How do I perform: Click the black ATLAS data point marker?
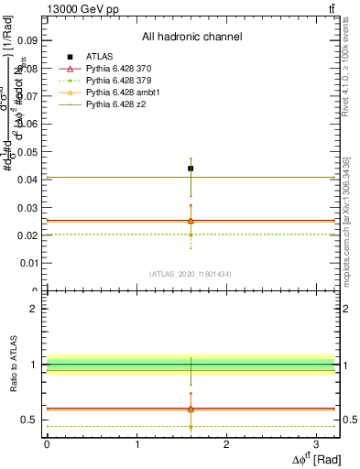coord(191,169)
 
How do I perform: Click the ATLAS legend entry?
coord(99,58)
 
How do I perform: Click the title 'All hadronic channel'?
coord(191,37)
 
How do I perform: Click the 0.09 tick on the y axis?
coord(27,40)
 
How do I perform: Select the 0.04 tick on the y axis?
coord(27,180)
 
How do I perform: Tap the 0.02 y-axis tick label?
coord(27,235)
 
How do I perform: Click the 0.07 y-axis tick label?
coord(27,96)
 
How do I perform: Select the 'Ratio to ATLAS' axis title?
coord(11,366)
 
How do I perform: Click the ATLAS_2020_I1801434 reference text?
coord(191,274)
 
